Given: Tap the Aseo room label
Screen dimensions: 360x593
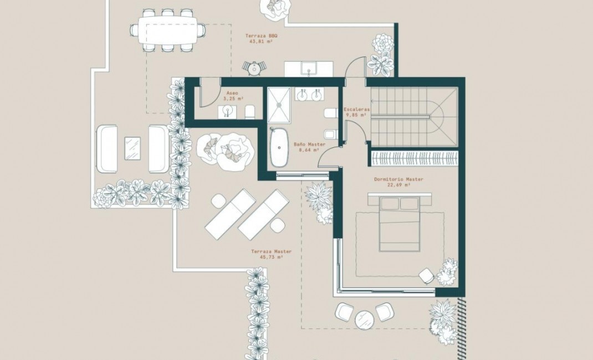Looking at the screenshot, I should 233,93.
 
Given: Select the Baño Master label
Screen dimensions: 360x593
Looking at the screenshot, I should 309,145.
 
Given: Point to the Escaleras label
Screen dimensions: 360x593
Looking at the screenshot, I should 356,110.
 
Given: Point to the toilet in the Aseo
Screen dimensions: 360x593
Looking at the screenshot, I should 249,112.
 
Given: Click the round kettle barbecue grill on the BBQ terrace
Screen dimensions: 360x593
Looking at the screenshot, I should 254,68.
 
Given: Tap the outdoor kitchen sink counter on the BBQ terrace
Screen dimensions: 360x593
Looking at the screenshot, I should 309,68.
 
